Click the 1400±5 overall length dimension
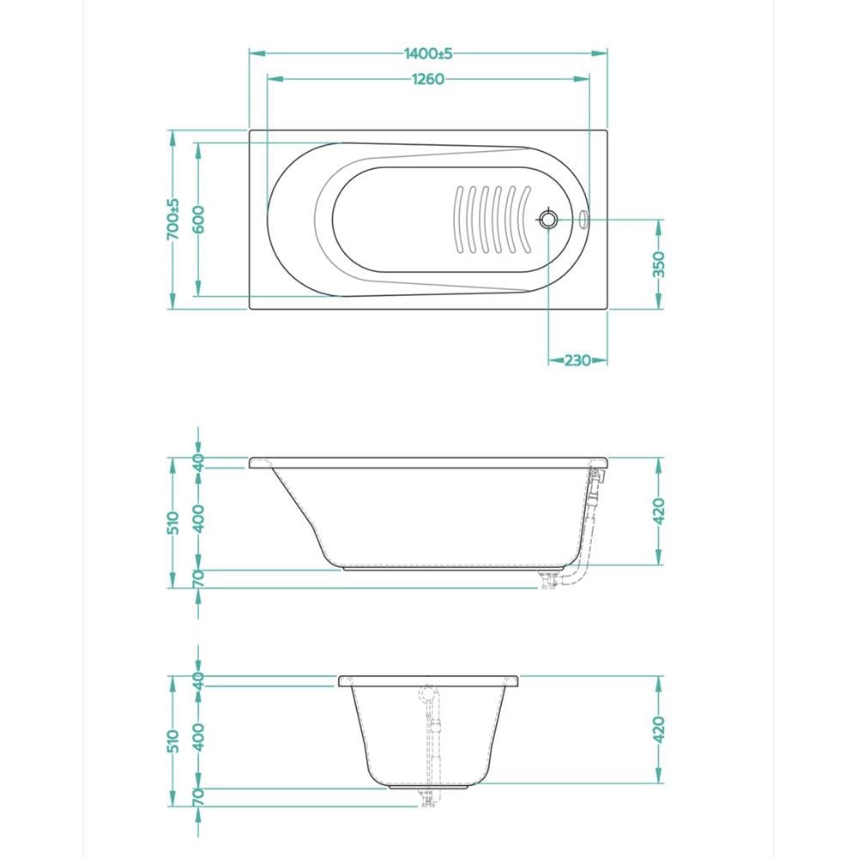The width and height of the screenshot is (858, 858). point(428,53)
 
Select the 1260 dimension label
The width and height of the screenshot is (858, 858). point(428,79)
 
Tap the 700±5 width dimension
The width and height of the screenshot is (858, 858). point(173,219)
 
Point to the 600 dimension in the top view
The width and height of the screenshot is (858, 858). point(198,220)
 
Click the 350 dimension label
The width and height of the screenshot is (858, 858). point(659,264)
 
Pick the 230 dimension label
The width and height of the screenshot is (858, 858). point(577,360)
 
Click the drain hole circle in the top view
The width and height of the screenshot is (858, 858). point(547,220)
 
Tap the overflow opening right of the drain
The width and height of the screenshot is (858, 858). point(583,219)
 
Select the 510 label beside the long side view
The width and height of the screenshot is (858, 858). point(173,523)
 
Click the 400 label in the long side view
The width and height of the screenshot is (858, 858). point(198,519)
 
